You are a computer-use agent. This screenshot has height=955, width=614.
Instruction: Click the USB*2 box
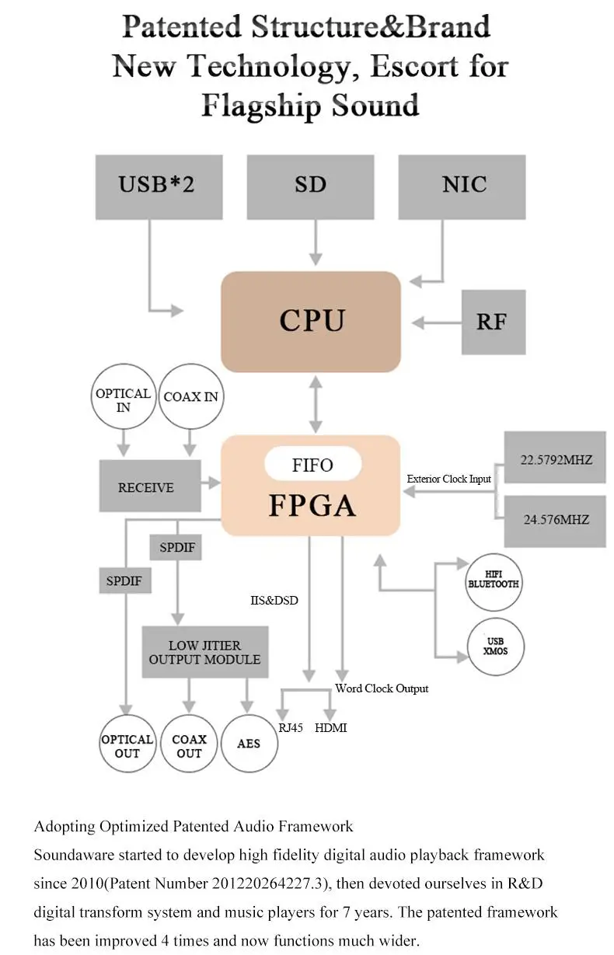pyautogui.click(x=159, y=186)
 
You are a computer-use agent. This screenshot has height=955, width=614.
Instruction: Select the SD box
pyautogui.click(x=310, y=186)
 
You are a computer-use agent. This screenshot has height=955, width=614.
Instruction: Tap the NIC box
pyautogui.click(x=462, y=186)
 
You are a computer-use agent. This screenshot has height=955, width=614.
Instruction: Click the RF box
pyautogui.click(x=494, y=322)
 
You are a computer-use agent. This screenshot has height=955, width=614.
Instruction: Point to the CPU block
pyautogui.click(x=310, y=322)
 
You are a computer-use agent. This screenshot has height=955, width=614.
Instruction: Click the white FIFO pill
pyautogui.click(x=313, y=464)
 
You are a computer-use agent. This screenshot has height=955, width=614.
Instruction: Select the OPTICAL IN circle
pyautogui.click(x=124, y=396)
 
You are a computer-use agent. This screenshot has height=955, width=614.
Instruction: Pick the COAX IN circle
pyautogui.click(x=190, y=396)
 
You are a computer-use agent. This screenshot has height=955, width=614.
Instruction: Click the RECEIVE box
pyautogui.click(x=150, y=486)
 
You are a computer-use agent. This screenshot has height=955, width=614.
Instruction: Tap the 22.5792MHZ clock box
pyautogui.click(x=555, y=457)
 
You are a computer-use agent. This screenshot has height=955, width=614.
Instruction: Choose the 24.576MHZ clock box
pyautogui.click(x=555, y=521)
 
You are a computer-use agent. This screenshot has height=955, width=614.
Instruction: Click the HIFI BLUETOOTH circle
pyautogui.click(x=494, y=582)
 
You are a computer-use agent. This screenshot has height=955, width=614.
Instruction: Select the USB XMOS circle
pyautogui.click(x=495, y=647)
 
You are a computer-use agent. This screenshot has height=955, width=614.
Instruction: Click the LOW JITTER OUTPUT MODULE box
pyautogui.click(x=205, y=652)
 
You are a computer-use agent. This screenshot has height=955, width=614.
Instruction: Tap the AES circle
pyautogui.click(x=249, y=743)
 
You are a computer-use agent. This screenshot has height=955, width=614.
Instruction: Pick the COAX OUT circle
pyautogui.click(x=189, y=743)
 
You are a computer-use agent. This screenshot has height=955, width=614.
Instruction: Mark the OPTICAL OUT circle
pyautogui.click(x=127, y=743)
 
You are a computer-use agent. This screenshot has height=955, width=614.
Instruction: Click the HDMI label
pyautogui.click(x=330, y=728)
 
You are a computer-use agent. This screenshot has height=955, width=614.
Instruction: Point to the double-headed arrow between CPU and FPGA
pyautogui.click(x=316, y=404)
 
